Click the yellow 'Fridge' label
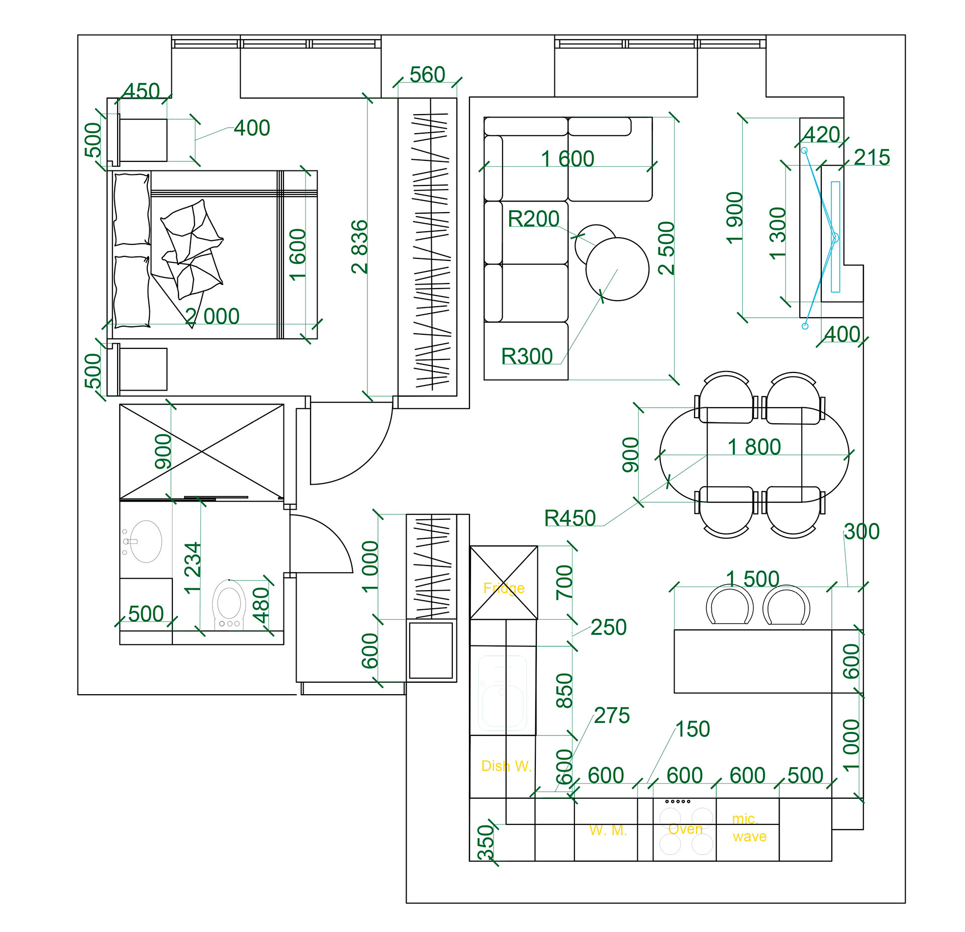pyautogui.click(x=504, y=588)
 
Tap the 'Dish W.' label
pyautogui.click(x=506, y=766)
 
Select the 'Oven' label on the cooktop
pyautogui.click(x=685, y=829)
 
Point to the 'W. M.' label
pyautogui.click(x=608, y=830)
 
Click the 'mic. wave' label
pyautogui.click(x=749, y=828)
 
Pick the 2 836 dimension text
pyautogui.click(x=360, y=247)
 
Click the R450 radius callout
pyautogui.click(x=570, y=518)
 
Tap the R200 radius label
pyautogui.click(x=533, y=219)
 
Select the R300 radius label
pyautogui.click(x=527, y=356)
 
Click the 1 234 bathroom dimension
pyautogui.click(x=192, y=568)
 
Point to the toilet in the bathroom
pyautogui.click(x=229, y=605)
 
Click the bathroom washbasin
pyautogui.click(x=146, y=541)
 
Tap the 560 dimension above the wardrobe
pyautogui.click(x=427, y=75)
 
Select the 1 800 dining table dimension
pyautogui.click(x=754, y=447)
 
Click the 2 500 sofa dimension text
pyautogui.click(x=666, y=248)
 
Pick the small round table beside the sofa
pyautogui.click(x=596, y=245)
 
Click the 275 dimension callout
pyautogui.click(x=612, y=716)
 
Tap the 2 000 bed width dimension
pyautogui.click(x=212, y=317)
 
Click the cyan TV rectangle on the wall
pyautogui.click(x=835, y=237)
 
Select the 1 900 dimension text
pyautogui.click(x=735, y=218)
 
